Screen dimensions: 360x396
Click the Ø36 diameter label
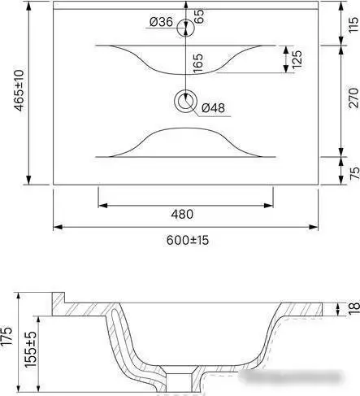(161, 22)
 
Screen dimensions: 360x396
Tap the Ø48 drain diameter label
(213, 108)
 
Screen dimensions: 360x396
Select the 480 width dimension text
(182, 214)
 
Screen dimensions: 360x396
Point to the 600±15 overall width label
(188, 240)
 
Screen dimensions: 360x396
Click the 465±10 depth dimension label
(20, 90)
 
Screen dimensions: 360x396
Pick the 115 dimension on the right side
(353, 25)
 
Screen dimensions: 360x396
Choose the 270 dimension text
(353, 98)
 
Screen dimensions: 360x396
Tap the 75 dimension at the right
(354, 173)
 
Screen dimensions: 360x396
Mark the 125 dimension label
(297, 59)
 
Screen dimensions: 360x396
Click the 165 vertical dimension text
(197, 63)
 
